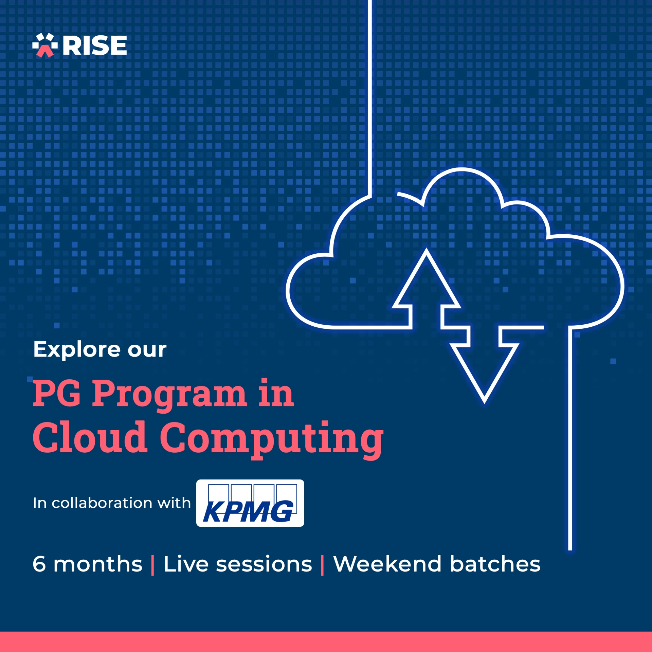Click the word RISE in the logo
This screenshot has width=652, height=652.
tap(95, 46)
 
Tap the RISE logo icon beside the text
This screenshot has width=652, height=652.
tap(45, 45)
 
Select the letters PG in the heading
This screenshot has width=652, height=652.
tap(57, 393)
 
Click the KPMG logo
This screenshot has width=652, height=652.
tap(250, 503)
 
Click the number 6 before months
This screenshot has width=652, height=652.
tap(39, 564)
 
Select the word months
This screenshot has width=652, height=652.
tap(98, 564)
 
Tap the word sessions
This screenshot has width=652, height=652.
tap(264, 564)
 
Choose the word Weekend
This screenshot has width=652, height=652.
tap(387, 564)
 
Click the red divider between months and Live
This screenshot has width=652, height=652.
tap(152, 565)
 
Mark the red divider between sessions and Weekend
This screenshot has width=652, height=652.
tap(322, 565)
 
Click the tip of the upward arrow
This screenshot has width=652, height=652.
tap(426, 251)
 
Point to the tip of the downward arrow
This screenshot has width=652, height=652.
tap(485, 402)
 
